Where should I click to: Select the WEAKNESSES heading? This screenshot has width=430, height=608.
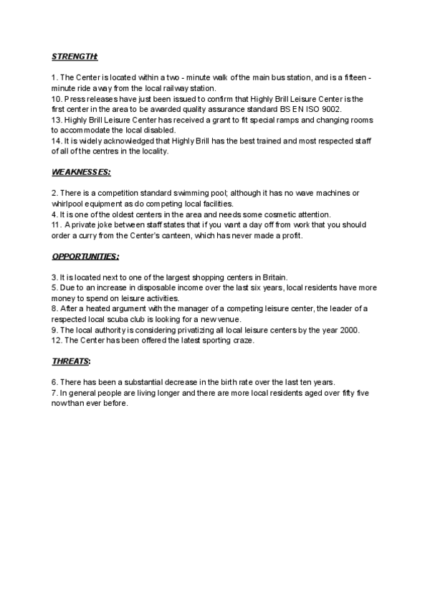pyautogui.click(x=81, y=173)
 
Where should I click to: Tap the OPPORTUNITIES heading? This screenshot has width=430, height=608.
pyautogui.click(x=85, y=256)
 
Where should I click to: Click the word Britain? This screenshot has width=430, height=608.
pyautogui.click(x=271, y=277)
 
